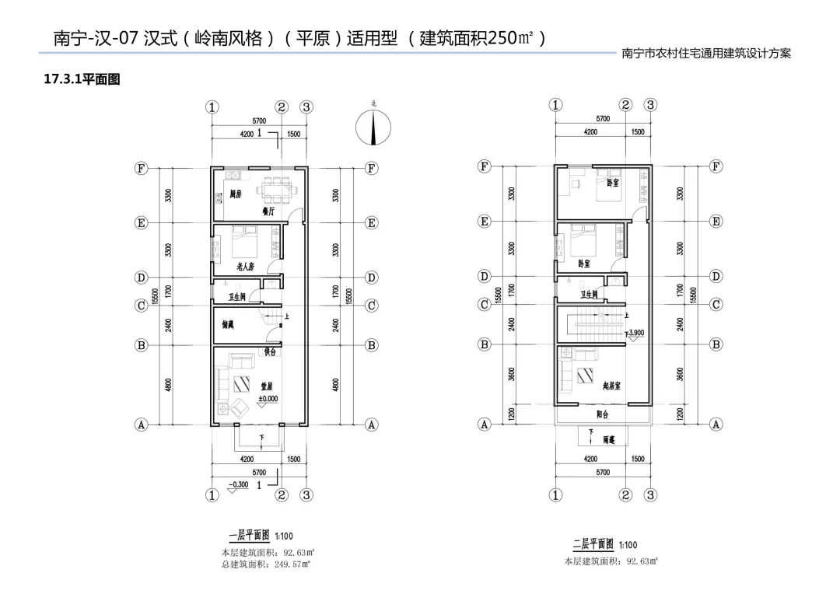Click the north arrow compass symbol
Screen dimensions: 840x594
click(x=373, y=128)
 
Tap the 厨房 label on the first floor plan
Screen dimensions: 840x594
click(x=235, y=195)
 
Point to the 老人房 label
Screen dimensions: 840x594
click(x=246, y=266)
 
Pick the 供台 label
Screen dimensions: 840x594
click(x=270, y=352)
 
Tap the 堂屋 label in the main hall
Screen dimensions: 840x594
click(x=266, y=385)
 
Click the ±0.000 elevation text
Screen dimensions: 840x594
click(x=267, y=399)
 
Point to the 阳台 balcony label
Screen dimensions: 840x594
click(x=603, y=414)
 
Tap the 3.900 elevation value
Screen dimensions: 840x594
click(x=637, y=333)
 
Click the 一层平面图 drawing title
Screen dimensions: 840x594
click(x=249, y=536)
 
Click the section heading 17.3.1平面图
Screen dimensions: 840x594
click(x=82, y=79)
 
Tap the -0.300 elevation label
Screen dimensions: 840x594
click(x=236, y=484)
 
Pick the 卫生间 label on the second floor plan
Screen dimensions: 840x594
click(x=590, y=295)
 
